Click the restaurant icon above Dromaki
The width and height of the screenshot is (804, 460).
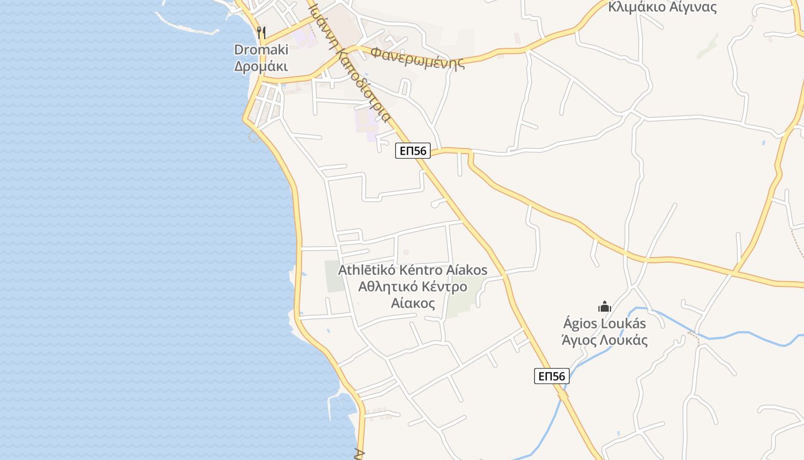[x=261, y=32]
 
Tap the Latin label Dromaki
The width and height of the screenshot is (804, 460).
[x=261, y=49]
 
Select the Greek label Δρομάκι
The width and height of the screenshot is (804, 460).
[x=261, y=66]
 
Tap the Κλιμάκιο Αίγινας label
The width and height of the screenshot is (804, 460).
[x=662, y=7]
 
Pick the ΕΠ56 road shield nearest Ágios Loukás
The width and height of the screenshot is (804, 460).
[x=552, y=376]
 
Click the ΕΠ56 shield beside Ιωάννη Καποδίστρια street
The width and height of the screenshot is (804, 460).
[x=413, y=151]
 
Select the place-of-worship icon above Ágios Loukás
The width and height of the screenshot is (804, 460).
[x=604, y=306]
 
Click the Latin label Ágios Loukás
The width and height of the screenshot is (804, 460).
[x=604, y=323]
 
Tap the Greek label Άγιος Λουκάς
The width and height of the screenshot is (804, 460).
[x=604, y=340]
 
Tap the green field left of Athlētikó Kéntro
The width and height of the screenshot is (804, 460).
[x=333, y=276]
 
